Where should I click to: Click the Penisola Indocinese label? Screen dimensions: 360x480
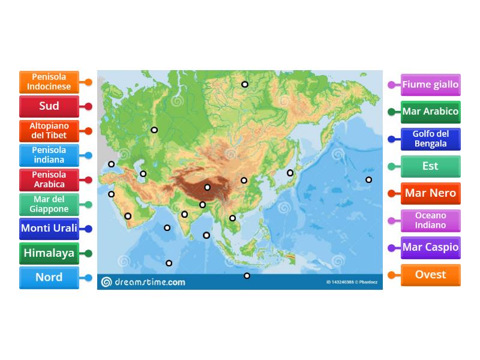point(49,82)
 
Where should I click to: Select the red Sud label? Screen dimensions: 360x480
point(49,106)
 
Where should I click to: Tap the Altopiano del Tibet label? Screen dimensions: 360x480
point(49,131)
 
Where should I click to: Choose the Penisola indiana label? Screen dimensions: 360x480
point(49,155)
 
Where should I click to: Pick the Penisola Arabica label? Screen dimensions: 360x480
point(49,179)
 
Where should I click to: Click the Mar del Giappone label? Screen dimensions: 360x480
point(49,205)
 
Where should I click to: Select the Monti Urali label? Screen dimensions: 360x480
point(49,229)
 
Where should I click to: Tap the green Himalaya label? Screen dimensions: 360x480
point(49,253)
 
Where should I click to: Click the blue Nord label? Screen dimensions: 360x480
point(49,278)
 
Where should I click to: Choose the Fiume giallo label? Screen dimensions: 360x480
point(430,85)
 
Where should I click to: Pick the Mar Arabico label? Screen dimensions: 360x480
point(430,112)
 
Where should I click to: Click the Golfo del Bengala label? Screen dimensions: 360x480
point(430,139)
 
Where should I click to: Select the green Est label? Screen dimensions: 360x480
point(430,166)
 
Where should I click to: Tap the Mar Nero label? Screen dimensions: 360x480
point(430,193)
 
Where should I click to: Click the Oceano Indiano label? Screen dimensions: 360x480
point(430,220)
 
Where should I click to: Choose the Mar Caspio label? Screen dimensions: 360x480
point(430,247)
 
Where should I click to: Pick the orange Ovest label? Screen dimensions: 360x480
point(430,275)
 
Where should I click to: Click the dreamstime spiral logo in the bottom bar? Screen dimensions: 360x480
point(106,282)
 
